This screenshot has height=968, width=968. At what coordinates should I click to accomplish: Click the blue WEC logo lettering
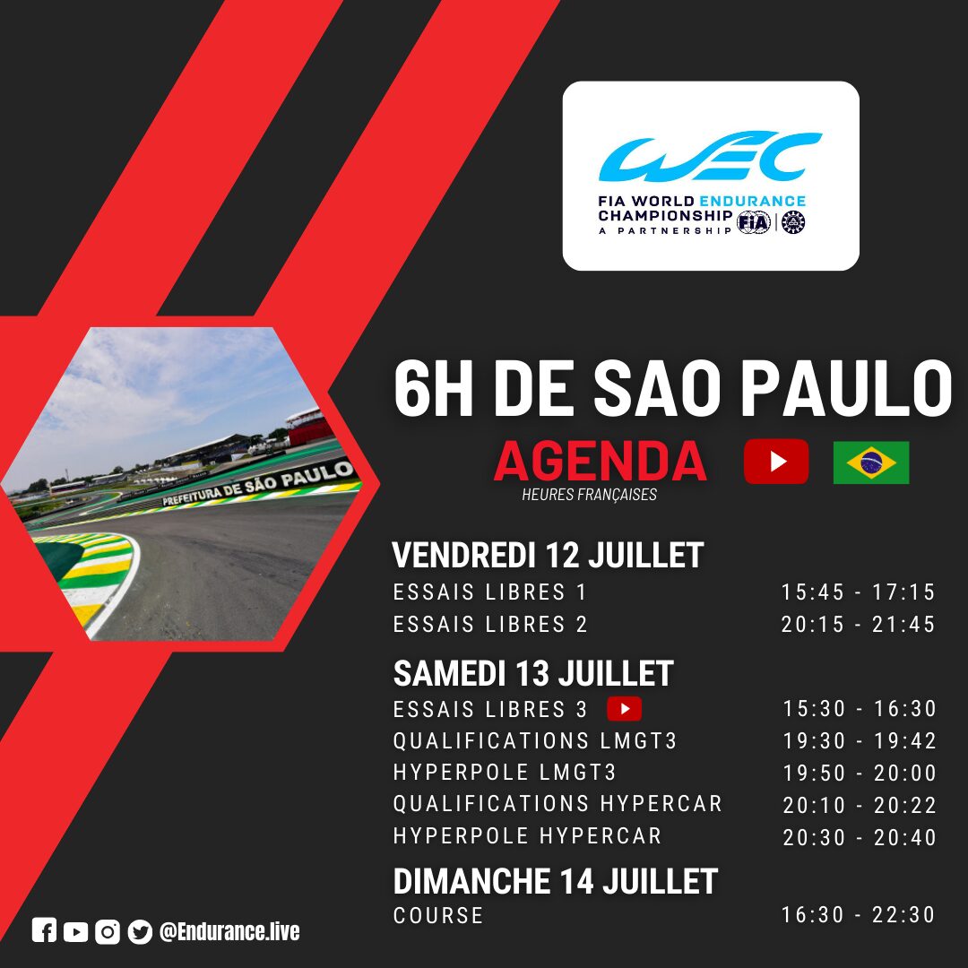pos(710,156)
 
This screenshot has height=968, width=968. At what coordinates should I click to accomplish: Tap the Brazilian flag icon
pos(871,462)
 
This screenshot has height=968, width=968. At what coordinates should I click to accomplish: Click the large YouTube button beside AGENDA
pos(776,462)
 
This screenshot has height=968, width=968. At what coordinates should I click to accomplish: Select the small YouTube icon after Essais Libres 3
pos(624,709)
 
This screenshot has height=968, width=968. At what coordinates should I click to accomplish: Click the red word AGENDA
pos(600,462)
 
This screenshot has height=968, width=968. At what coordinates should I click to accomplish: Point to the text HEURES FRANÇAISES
pos(589,495)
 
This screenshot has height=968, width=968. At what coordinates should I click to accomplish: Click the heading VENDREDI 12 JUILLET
pos(548,555)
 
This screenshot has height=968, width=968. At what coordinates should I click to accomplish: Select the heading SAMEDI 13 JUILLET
pos(532,673)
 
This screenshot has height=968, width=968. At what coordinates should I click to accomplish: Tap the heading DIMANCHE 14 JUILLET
pos(555,881)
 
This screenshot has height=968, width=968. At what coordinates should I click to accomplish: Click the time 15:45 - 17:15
pos(858,592)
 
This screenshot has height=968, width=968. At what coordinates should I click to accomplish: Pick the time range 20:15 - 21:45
pos(858,624)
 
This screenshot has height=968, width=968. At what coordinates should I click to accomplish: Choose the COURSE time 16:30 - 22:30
pos(858,914)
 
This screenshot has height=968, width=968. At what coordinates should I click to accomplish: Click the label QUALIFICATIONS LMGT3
pos(535,740)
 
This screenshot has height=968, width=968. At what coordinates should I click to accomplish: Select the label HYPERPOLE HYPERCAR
pos(527,836)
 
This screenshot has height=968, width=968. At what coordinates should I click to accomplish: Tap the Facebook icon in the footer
pos(44,930)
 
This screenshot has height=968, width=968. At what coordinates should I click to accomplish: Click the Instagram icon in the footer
pos(108,931)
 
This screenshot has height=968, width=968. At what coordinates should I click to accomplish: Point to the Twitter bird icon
pos(140,931)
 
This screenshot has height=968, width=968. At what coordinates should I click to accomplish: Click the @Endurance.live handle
pos(229,931)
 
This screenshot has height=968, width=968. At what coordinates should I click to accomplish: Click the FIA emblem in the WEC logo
pos(754,222)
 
